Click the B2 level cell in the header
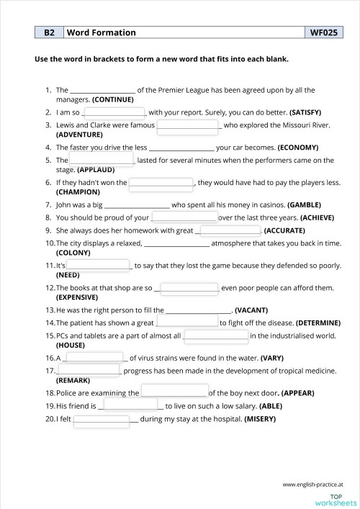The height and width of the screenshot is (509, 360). [49, 32]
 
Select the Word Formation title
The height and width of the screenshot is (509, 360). [101, 32]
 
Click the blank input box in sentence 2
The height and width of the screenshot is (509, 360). [115, 113]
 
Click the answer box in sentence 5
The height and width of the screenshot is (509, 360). [102, 159]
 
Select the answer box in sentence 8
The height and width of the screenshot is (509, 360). [184, 216]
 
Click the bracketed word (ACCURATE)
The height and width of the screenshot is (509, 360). [284, 230]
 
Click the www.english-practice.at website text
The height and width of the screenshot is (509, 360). [312, 484]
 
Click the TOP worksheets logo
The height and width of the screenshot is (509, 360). [336, 499]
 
